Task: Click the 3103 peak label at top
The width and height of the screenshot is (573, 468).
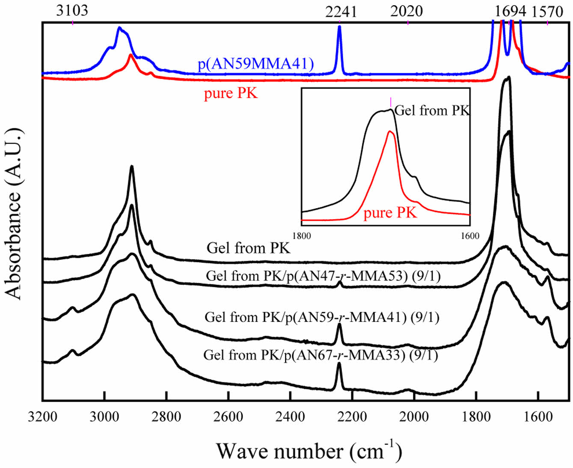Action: pos(72,10)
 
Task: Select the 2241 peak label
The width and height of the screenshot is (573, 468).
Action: pos(341,12)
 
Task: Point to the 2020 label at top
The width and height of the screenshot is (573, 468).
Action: pos(406,12)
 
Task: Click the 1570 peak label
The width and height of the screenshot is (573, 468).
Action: pos(547,12)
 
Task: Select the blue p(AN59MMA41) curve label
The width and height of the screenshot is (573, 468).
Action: pos(255,64)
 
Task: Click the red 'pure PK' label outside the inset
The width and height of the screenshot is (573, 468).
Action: pos(231,93)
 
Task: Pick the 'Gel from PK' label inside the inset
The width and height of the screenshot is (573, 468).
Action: pos(432,110)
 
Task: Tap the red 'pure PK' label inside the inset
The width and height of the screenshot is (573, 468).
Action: pos(390,213)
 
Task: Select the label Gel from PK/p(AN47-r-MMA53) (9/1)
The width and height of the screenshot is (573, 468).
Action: pos(323,276)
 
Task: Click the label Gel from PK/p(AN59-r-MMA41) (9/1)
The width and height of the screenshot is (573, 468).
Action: pos(322,317)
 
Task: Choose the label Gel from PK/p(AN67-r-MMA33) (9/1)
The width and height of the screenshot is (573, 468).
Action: pos(321,355)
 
